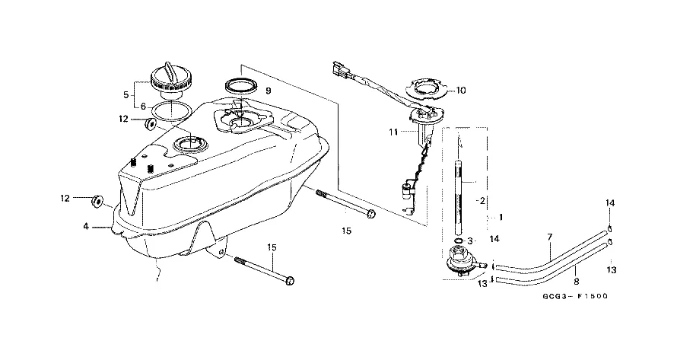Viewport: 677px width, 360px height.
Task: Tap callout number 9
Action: click(269, 90)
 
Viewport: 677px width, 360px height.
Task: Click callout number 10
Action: click(461, 90)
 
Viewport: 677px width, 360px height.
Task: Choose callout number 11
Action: click(393, 132)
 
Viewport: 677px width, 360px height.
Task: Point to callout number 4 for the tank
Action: click(87, 226)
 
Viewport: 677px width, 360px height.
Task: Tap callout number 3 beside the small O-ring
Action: click(470, 241)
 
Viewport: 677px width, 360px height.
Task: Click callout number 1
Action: click(500, 216)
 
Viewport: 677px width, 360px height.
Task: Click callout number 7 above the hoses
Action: click(549, 237)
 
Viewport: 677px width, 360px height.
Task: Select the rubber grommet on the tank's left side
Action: click(97, 200)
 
